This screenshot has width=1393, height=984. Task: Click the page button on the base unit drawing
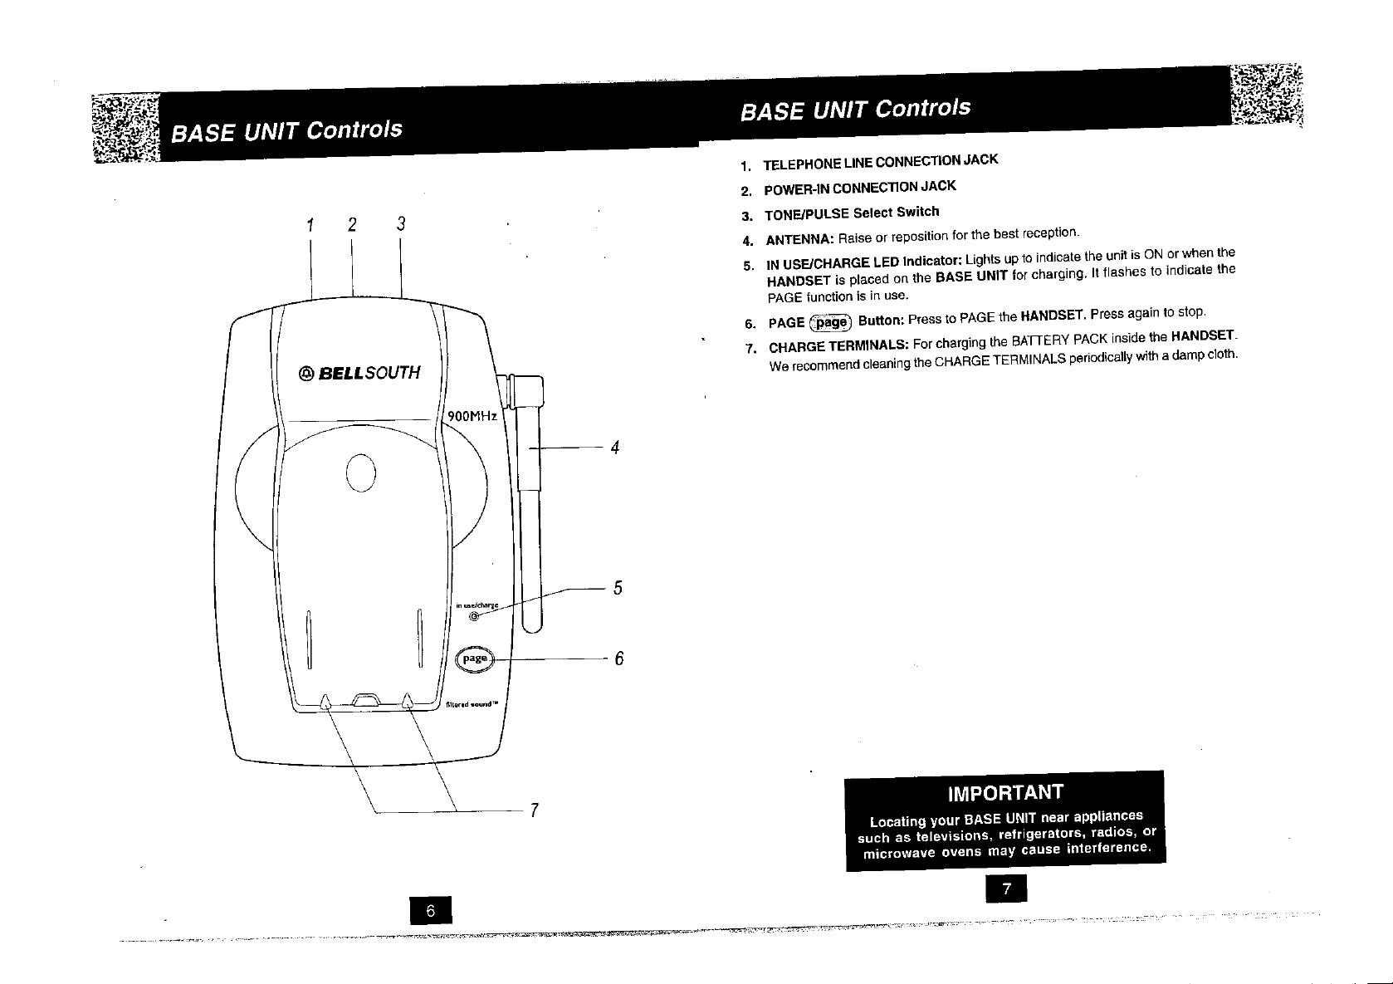475,658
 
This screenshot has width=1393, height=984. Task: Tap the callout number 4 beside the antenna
615,448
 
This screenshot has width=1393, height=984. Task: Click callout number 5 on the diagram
618,589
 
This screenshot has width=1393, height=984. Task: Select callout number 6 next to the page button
618,659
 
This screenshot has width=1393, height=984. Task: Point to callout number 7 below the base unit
535,810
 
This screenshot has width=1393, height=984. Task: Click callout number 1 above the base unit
310,225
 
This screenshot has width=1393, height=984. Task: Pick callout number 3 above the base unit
400,224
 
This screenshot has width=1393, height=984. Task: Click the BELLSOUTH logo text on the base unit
359,373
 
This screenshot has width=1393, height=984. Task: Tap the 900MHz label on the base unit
472,416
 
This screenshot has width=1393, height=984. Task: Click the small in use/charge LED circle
474,616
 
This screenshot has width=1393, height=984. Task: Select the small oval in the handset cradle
362,473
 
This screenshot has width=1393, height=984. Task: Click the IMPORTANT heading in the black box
1004,791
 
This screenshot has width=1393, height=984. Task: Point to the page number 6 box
430,911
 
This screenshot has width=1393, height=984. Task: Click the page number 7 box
1006,889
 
